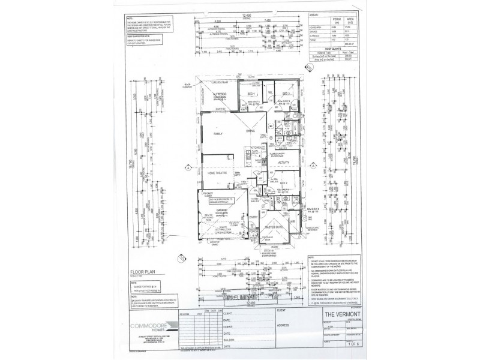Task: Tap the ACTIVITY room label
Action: click(284, 163)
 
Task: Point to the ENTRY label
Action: click(253, 217)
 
